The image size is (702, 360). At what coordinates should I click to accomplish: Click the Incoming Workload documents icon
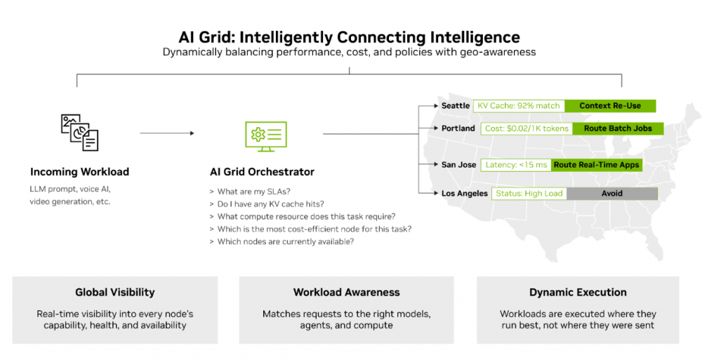pos(79,133)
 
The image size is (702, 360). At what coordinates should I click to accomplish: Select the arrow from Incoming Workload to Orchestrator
pos(166,133)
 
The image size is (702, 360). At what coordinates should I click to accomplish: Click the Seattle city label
pos(456,106)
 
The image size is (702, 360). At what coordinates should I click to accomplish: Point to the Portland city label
pos(458,128)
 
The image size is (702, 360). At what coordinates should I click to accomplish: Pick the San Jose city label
pos(458,165)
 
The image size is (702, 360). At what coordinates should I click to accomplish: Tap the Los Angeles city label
pos(464,193)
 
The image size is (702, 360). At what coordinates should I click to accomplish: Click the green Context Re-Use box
pos(610,106)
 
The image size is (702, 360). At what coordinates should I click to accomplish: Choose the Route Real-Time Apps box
pos(597,165)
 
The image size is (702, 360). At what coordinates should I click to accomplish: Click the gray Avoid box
pos(611,193)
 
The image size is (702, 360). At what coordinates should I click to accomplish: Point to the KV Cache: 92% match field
pos(519,106)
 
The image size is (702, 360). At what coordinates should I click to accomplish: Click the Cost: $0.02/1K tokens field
pos(526,128)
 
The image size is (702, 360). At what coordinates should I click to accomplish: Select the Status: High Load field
pos(529,193)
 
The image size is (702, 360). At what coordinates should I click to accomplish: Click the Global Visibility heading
pos(115,292)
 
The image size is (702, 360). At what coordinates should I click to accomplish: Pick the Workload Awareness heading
pos(347,292)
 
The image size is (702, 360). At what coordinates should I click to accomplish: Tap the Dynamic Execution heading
pos(578,292)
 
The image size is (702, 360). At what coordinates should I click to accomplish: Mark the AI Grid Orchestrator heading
pos(262,172)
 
